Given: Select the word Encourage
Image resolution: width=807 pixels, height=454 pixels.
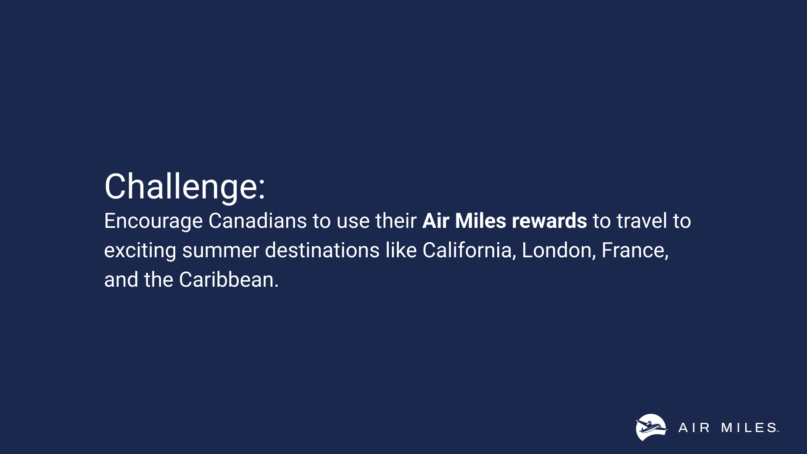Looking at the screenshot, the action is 153,222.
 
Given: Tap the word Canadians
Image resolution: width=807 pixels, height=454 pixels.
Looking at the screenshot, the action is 258,221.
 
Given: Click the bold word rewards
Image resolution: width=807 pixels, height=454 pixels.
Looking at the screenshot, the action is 549,221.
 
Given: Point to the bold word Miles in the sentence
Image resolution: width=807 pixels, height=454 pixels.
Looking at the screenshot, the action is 480,221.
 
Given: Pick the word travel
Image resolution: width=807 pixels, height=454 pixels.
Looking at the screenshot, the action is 642,221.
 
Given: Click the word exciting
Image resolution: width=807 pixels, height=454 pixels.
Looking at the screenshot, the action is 140,251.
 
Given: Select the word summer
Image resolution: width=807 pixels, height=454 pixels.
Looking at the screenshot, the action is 220,251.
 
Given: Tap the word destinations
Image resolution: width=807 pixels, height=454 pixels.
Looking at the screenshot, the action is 322,250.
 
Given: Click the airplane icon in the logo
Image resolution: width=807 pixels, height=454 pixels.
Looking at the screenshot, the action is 651,428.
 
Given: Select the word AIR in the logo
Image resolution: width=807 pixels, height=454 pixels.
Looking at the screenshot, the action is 694,428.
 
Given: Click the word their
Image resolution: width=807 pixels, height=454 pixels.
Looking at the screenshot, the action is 396,221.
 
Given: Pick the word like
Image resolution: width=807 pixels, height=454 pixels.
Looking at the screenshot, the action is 401,250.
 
